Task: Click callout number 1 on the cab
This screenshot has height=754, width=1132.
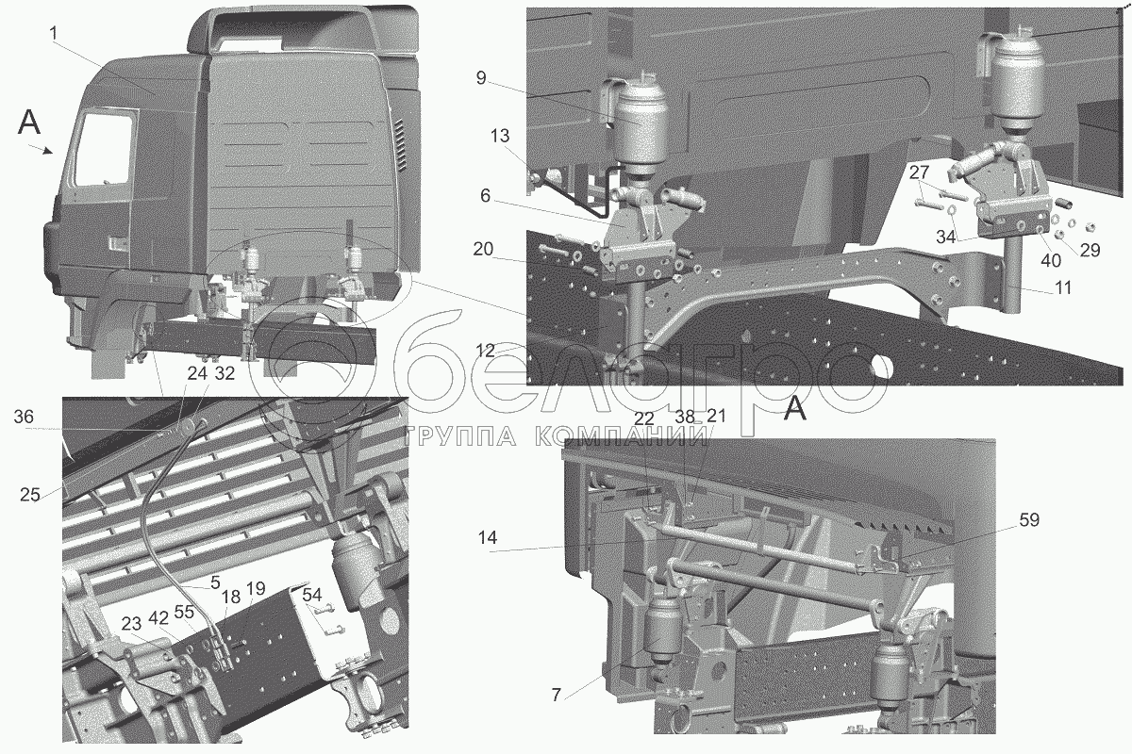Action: pyautogui.click(x=54, y=33)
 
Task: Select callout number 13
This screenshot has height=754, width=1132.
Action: pyautogui.click(x=500, y=136)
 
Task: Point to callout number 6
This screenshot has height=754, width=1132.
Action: pyautogui.click(x=485, y=195)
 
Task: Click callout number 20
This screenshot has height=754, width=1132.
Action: pyautogui.click(x=483, y=249)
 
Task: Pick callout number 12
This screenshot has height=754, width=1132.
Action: pyautogui.click(x=485, y=351)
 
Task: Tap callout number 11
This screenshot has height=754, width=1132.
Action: pyautogui.click(x=1063, y=287)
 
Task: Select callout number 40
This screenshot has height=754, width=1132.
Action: pyautogui.click(x=1050, y=260)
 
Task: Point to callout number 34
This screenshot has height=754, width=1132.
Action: pyautogui.click(x=946, y=237)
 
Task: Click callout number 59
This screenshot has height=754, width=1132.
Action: pyautogui.click(x=1028, y=519)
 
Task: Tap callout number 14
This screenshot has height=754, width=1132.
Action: pyautogui.click(x=487, y=538)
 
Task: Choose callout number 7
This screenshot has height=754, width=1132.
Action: pyautogui.click(x=556, y=695)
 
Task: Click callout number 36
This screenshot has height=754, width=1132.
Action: pyautogui.click(x=24, y=417)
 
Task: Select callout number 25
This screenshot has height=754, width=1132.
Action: pyautogui.click(x=30, y=494)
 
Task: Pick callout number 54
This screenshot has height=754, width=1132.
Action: pyautogui.click(x=313, y=595)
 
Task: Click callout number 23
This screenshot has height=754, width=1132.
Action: pyautogui.click(x=131, y=624)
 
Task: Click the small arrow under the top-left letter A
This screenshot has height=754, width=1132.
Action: pyautogui.click(x=41, y=149)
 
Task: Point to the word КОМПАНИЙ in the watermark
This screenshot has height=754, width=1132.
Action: pyautogui.click(x=620, y=435)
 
